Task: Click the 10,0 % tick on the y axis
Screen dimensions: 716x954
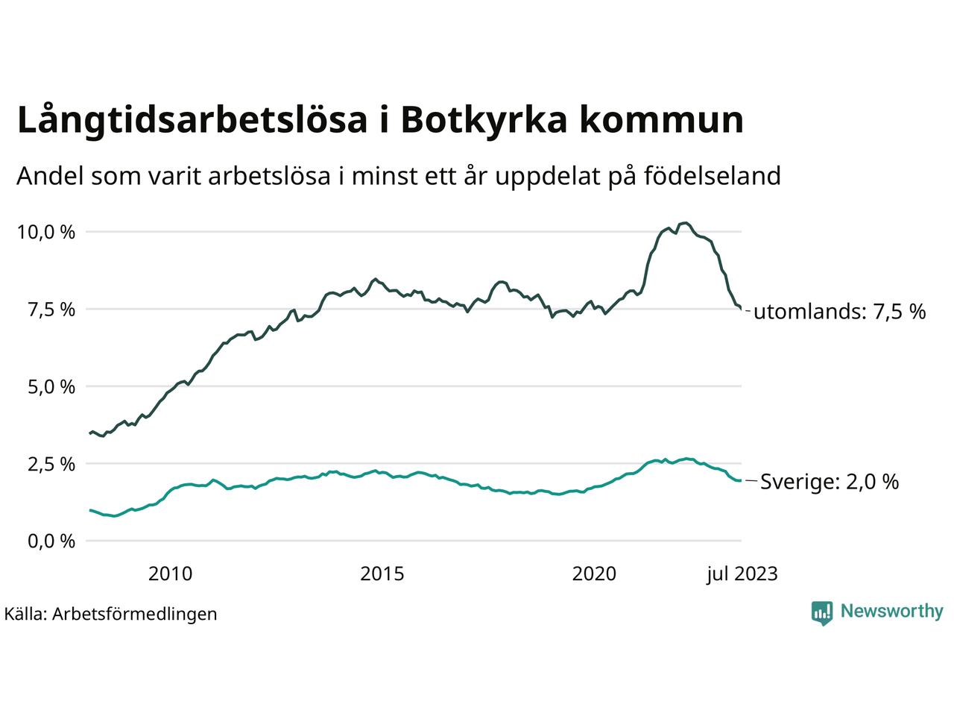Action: coord(46,232)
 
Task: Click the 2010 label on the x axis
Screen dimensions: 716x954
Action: coord(170,574)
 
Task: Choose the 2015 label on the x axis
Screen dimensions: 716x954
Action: coord(382,574)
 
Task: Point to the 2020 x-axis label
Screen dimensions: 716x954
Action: coord(594,574)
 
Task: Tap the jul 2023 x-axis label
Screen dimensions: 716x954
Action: coord(742,574)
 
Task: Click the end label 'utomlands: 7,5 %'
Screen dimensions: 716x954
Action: coord(840,312)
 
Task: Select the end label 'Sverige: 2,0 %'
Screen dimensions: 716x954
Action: coord(830,482)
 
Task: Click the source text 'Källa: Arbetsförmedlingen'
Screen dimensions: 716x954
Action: coord(110,614)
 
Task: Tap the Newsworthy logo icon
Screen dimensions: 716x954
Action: coord(822,612)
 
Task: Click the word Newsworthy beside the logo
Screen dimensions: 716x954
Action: coord(892,612)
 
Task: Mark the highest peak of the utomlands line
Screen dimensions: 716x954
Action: coord(686,222)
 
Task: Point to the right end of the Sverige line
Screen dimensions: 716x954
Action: coord(740,481)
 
